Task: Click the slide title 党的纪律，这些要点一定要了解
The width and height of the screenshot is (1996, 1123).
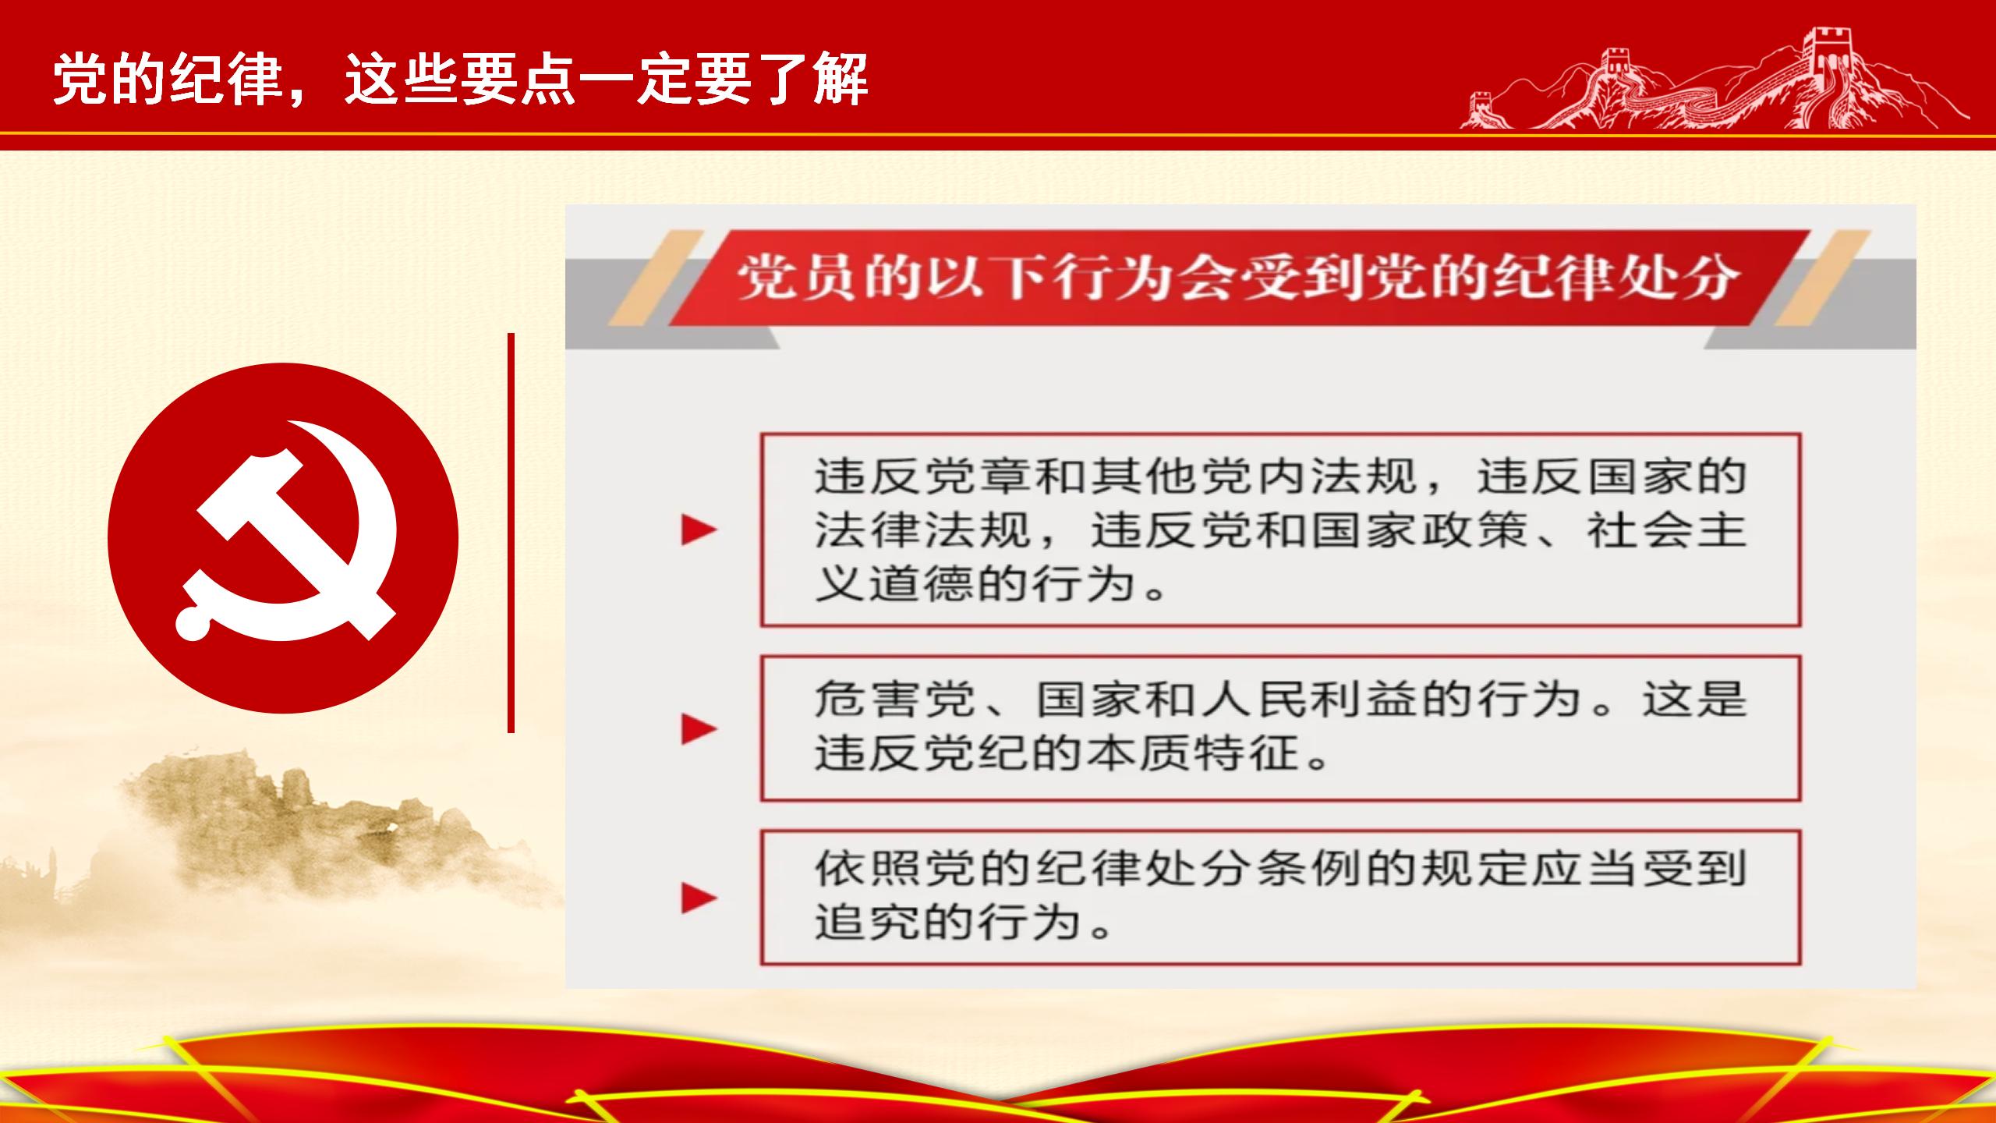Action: point(461,79)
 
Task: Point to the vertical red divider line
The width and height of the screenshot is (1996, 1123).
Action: point(511,533)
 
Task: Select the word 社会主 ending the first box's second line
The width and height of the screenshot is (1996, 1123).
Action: point(1666,530)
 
